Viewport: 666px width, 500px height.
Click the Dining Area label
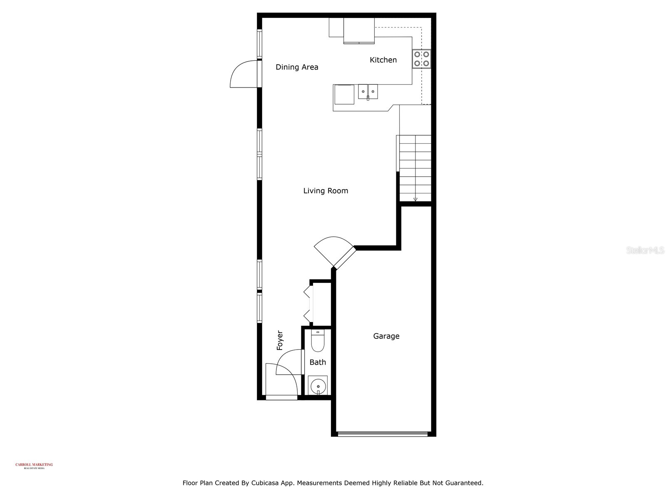point(297,67)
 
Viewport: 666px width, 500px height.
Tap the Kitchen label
point(383,60)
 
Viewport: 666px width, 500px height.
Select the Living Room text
point(326,191)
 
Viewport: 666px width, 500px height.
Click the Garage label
point(386,336)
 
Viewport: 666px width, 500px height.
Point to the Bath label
point(318,362)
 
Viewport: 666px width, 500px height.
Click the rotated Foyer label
point(280,340)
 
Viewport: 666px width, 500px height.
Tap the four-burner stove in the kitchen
point(421,59)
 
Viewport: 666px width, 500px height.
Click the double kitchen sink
point(368,91)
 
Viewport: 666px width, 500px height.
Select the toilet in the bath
point(318,341)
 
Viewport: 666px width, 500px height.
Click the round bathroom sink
point(318,385)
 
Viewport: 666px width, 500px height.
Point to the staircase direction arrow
point(415,199)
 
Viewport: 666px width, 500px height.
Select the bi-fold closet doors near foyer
point(308,303)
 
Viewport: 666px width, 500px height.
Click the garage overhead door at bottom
point(382,434)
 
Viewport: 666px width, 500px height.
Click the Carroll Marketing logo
point(34,465)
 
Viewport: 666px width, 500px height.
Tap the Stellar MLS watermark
point(645,250)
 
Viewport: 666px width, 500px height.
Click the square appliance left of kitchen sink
point(344,95)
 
